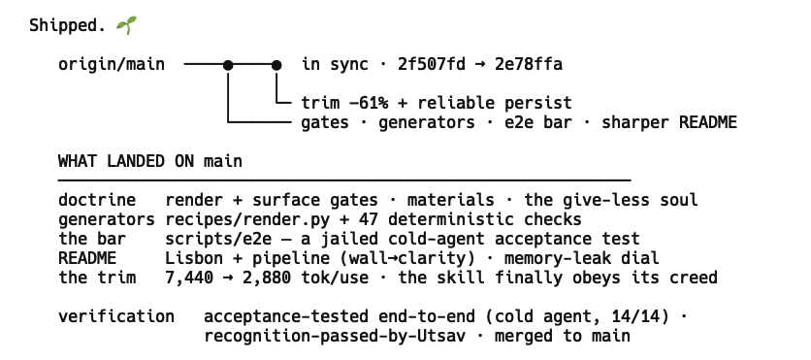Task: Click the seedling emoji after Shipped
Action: point(126,25)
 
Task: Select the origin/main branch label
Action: point(112,65)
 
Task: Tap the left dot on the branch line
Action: point(228,65)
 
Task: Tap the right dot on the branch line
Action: point(276,65)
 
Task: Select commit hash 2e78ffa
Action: point(529,65)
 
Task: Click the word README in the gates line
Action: point(708,122)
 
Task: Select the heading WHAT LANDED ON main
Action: point(150,161)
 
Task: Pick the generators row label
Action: point(107,220)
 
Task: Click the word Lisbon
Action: point(194,258)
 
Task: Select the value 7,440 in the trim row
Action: point(189,278)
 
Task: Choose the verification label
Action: point(116,316)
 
